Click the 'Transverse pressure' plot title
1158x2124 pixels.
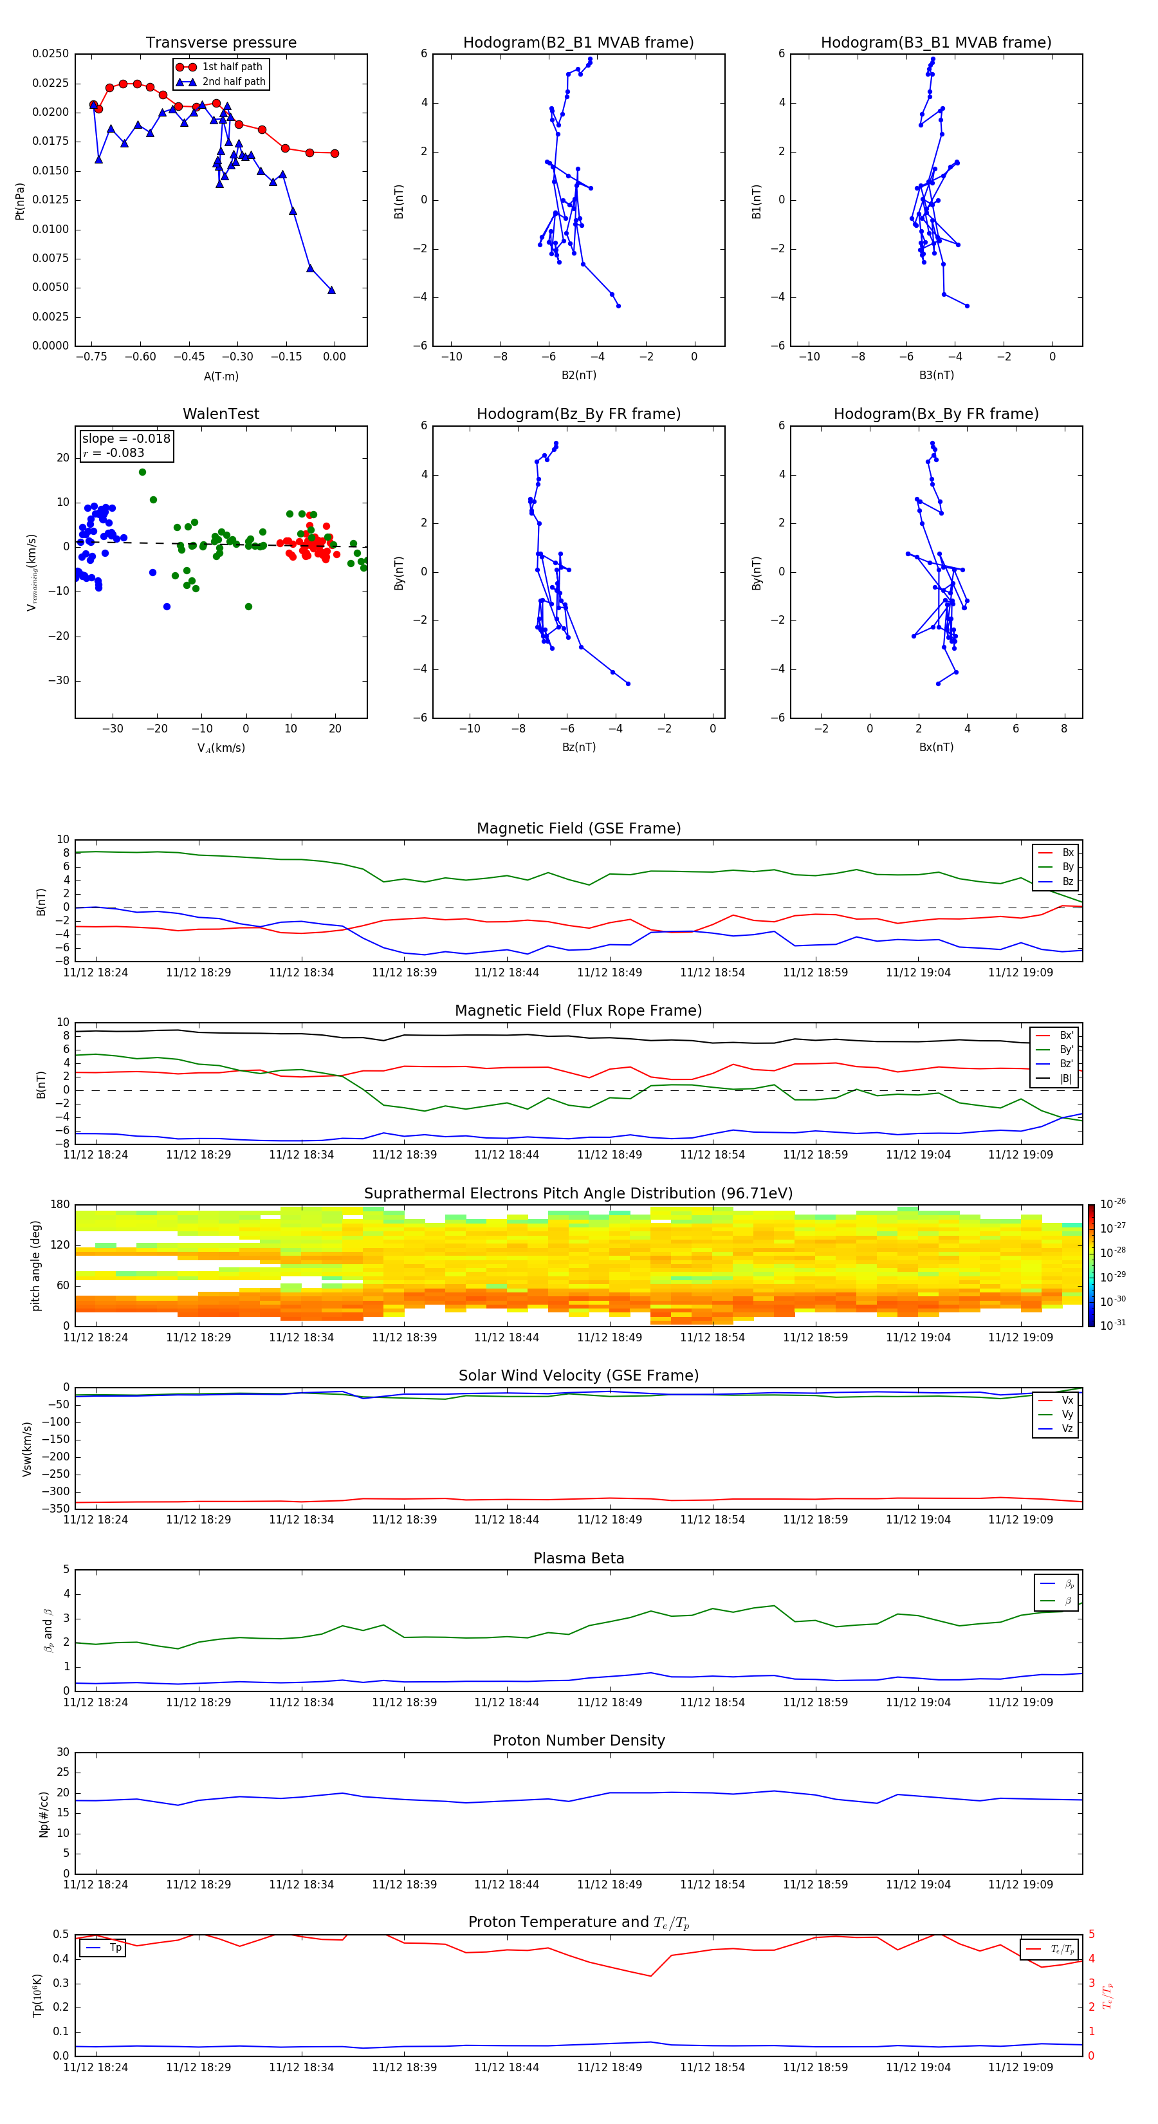pyautogui.click(x=221, y=43)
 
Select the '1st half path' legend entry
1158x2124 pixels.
pyautogui.click(x=232, y=67)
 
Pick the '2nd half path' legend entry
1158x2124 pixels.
pyautogui.click(x=234, y=82)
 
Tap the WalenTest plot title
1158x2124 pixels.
pyautogui.click(x=221, y=414)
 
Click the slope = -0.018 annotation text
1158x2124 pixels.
pyautogui.click(x=126, y=439)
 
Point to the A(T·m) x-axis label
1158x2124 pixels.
pyautogui.click(x=221, y=376)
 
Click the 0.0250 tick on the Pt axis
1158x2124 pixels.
pyautogui.click(x=50, y=53)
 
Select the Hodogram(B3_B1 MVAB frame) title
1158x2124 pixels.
pyautogui.click(x=935, y=43)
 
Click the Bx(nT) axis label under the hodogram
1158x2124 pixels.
pyautogui.click(x=935, y=747)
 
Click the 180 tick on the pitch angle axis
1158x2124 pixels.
pyautogui.click(x=60, y=1205)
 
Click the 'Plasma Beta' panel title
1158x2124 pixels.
pyautogui.click(x=578, y=1558)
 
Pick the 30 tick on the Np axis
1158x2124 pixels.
pyautogui.click(x=62, y=1752)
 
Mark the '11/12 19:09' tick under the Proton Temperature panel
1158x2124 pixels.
pyautogui.click(x=1020, y=2067)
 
